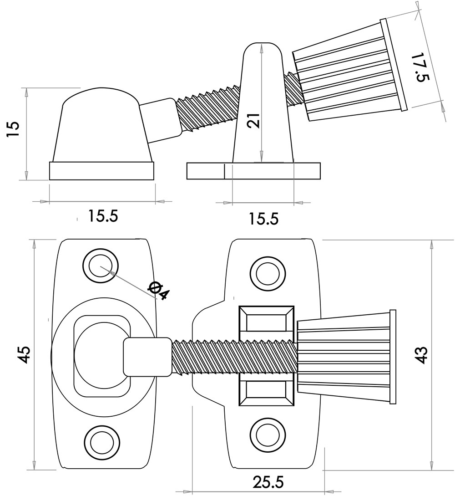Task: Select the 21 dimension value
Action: click(x=254, y=121)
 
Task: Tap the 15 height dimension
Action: click(x=13, y=129)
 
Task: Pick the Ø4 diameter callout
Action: click(x=159, y=291)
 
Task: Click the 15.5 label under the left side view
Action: click(x=103, y=216)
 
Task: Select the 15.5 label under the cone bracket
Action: click(x=264, y=219)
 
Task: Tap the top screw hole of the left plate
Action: click(x=101, y=266)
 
